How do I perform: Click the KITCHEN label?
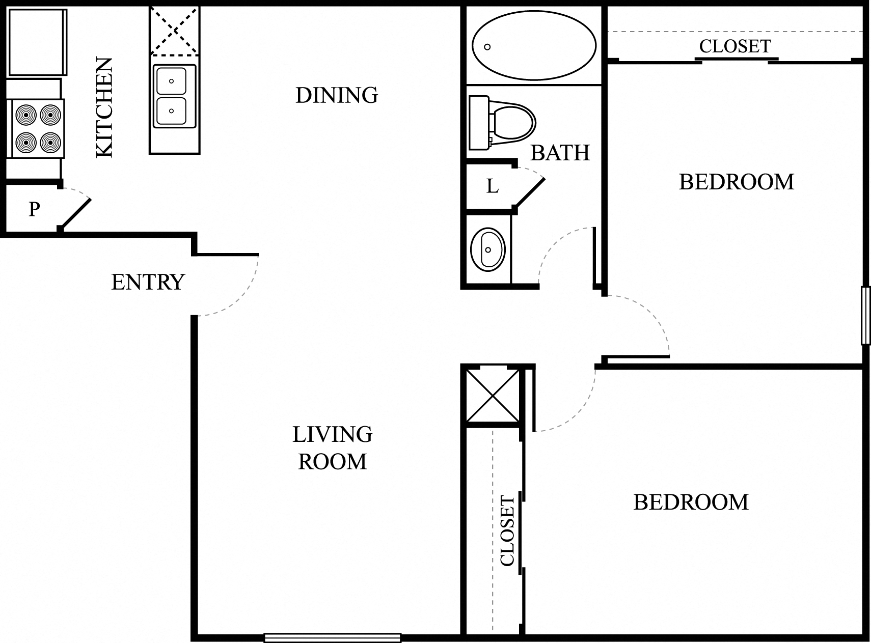click(x=104, y=107)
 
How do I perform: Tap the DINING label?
click(x=337, y=95)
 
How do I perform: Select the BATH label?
click(x=560, y=153)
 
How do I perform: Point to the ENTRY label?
click(x=148, y=282)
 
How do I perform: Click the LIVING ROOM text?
click(x=332, y=448)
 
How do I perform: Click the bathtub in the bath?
click(x=533, y=46)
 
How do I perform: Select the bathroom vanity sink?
click(x=487, y=250)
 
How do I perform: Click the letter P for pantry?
click(x=34, y=209)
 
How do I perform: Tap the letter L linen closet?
click(x=492, y=187)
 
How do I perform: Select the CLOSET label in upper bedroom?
click(x=734, y=46)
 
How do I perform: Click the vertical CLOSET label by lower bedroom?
click(x=508, y=530)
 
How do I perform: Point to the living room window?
click(x=332, y=637)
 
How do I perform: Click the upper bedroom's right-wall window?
click(x=865, y=316)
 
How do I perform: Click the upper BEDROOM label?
click(x=736, y=182)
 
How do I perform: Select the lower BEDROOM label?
click(x=691, y=502)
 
